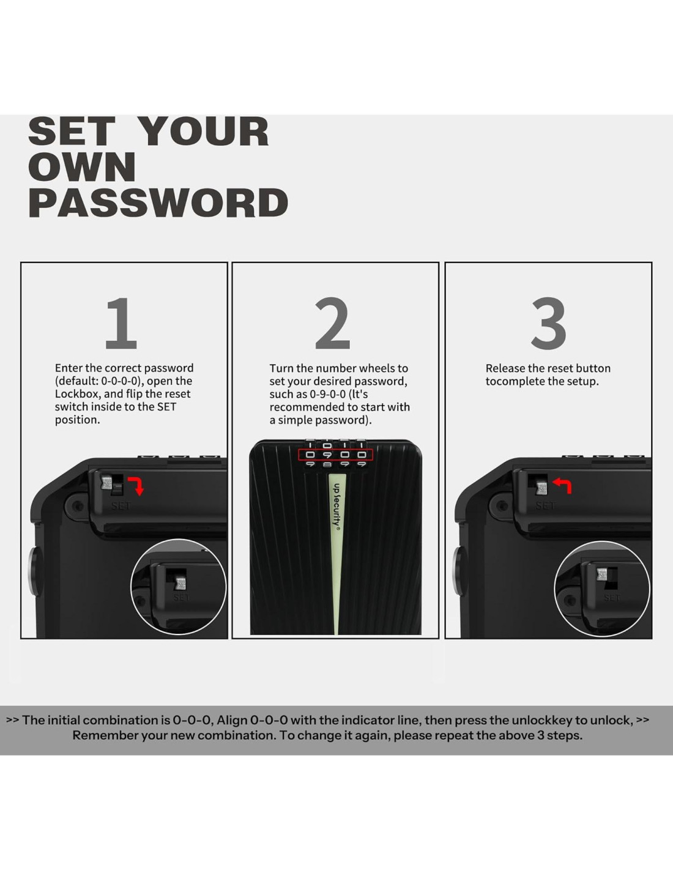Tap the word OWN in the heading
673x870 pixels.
[x=82, y=167]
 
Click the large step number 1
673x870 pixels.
[x=121, y=323]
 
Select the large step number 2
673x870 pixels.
[x=332, y=323]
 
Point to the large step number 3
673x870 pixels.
[x=548, y=323]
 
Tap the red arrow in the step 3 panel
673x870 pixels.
[x=562, y=485]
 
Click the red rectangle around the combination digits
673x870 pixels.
[x=335, y=455]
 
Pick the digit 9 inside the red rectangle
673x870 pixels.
[x=327, y=455]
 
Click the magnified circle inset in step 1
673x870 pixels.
[x=179, y=587]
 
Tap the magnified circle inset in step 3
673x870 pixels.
[x=602, y=589]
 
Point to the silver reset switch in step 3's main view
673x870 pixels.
[x=541, y=487]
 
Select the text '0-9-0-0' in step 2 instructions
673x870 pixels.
[x=327, y=395]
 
